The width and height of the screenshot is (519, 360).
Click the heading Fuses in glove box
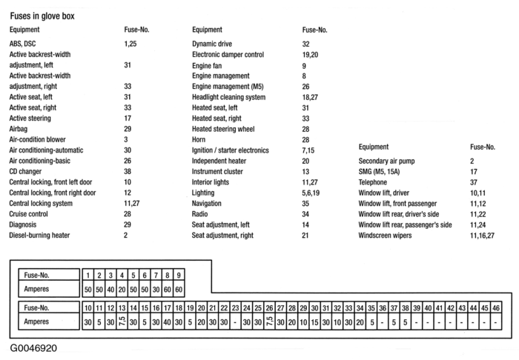(42, 16)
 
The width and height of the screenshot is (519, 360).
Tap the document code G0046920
(33, 347)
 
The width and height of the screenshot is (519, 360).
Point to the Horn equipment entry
(200, 139)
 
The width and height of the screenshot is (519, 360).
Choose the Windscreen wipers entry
(391, 235)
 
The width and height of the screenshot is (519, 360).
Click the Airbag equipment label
(20, 129)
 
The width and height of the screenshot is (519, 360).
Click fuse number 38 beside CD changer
(128, 171)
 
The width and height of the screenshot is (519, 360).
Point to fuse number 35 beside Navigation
(305, 203)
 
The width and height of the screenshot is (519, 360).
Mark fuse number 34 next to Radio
(305, 213)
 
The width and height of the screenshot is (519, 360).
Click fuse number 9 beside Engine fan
(304, 65)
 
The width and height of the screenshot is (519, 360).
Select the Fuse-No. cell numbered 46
(495, 307)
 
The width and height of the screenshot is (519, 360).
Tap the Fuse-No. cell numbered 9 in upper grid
(179, 275)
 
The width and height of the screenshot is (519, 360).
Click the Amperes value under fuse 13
(110, 322)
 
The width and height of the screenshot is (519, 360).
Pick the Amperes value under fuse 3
(110, 288)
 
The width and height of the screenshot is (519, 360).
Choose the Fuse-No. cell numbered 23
(235, 307)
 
